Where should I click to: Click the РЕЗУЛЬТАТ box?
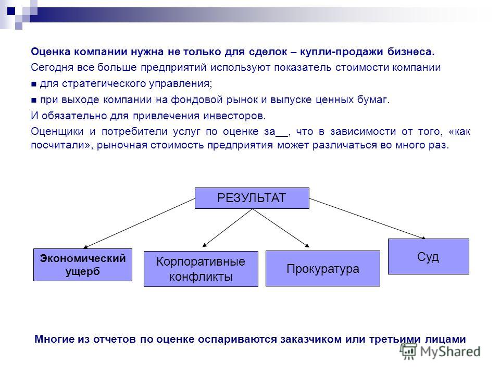(x=252, y=198)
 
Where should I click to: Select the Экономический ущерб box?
(x=83, y=265)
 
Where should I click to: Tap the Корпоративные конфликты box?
(x=201, y=269)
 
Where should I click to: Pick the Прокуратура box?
(x=323, y=269)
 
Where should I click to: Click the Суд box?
(x=429, y=256)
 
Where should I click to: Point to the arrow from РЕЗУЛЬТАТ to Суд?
(x=367, y=218)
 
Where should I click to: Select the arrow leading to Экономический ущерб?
(x=139, y=223)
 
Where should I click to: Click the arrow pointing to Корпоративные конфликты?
(x=228, y=228)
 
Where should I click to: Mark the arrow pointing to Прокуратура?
(x=281, y=228)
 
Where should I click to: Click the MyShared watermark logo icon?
(x=408, y=352)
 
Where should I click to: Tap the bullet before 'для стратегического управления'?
(x=34, y=84)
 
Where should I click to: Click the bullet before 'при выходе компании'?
(x=34, y=101)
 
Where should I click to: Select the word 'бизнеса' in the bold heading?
(x=411, y=52)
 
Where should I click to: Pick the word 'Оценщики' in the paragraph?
(x=57, y=132)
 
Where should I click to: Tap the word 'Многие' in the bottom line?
(x=53, y=339)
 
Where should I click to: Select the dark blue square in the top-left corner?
(x=11, y=11)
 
